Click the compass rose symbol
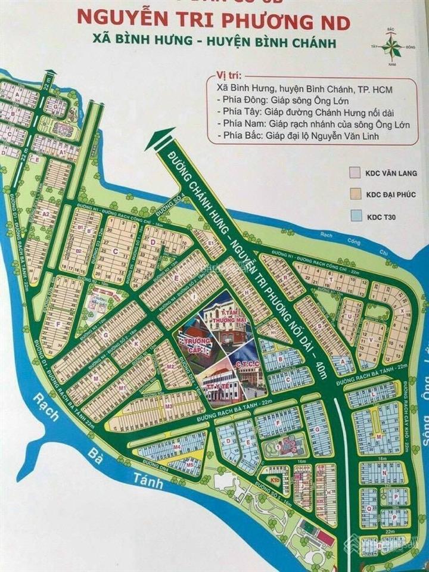(391, 42)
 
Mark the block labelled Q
(370, 508)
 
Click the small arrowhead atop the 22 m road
(49, 74)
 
